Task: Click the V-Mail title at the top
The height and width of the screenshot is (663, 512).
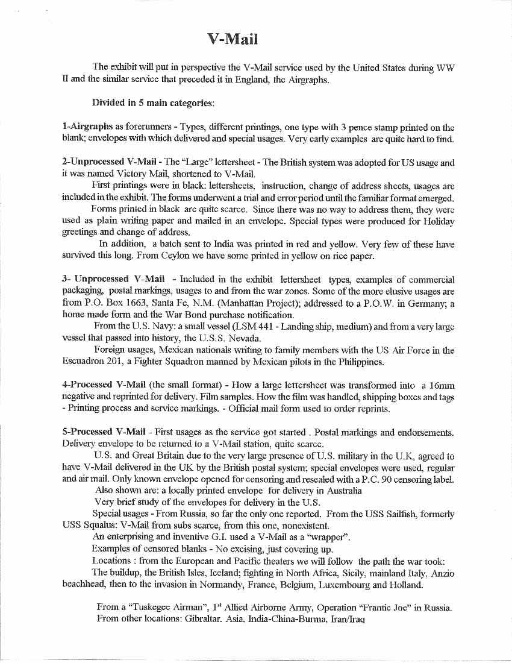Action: [233, 40]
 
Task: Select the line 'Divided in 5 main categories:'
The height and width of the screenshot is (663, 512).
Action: [152, 102]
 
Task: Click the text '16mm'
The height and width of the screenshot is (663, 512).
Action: [440, 385]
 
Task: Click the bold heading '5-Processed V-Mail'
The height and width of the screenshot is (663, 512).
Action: [104, 432]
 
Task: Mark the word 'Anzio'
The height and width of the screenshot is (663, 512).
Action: [440, 573]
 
